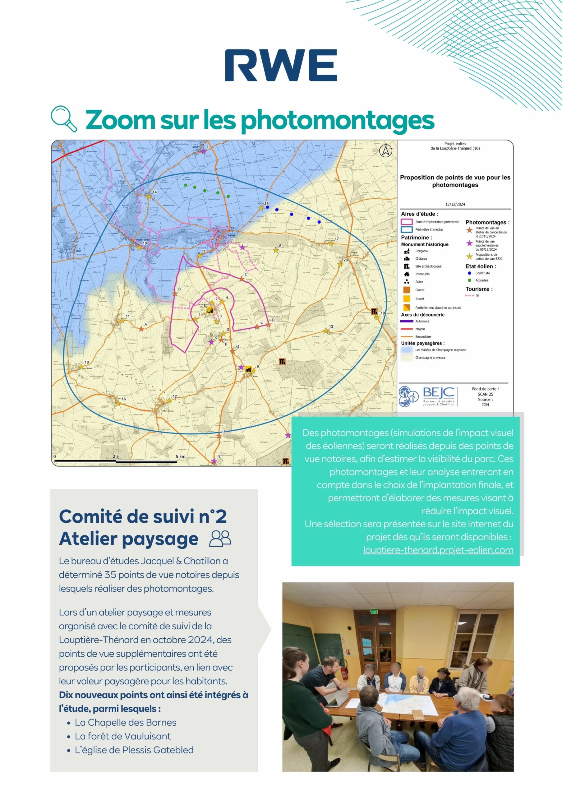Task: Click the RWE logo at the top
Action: (x=281, y=65)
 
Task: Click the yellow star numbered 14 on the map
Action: (x=149, y=196)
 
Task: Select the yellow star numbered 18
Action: (x=81, y=367)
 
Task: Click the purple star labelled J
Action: (x=242, y=248)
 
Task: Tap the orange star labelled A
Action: (x=141, y=329)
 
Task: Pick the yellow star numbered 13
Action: (x=325, y=331)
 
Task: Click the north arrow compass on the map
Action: (x=385, y=150)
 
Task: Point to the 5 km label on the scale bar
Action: (x=181, y=456)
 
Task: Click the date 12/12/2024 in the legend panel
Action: (x=455, y=204)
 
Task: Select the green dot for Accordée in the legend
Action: (x=469, y=280)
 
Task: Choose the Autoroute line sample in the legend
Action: (x=407, y=322)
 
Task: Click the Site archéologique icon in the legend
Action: (x=407, y=266)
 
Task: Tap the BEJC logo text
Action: (x=438, y=393)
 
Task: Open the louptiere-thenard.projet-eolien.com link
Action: (x=438, y=550)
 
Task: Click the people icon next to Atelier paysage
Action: (x=220, y=539)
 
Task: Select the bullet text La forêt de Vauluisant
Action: (x=123, y=736)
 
